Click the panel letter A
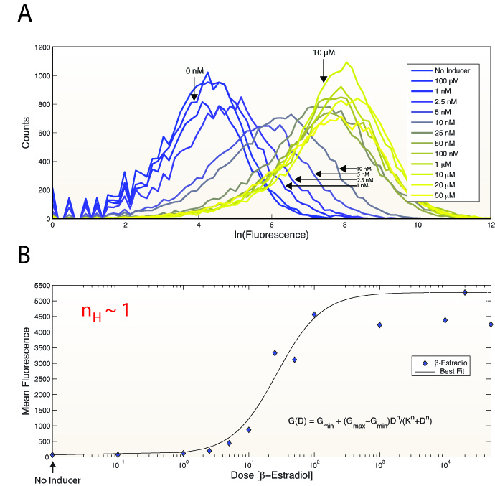(x=24, y=15)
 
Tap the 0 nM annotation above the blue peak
(x=194, y=71)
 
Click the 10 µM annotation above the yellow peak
(x=324, y=52)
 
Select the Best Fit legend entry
(x=451, y=370)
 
